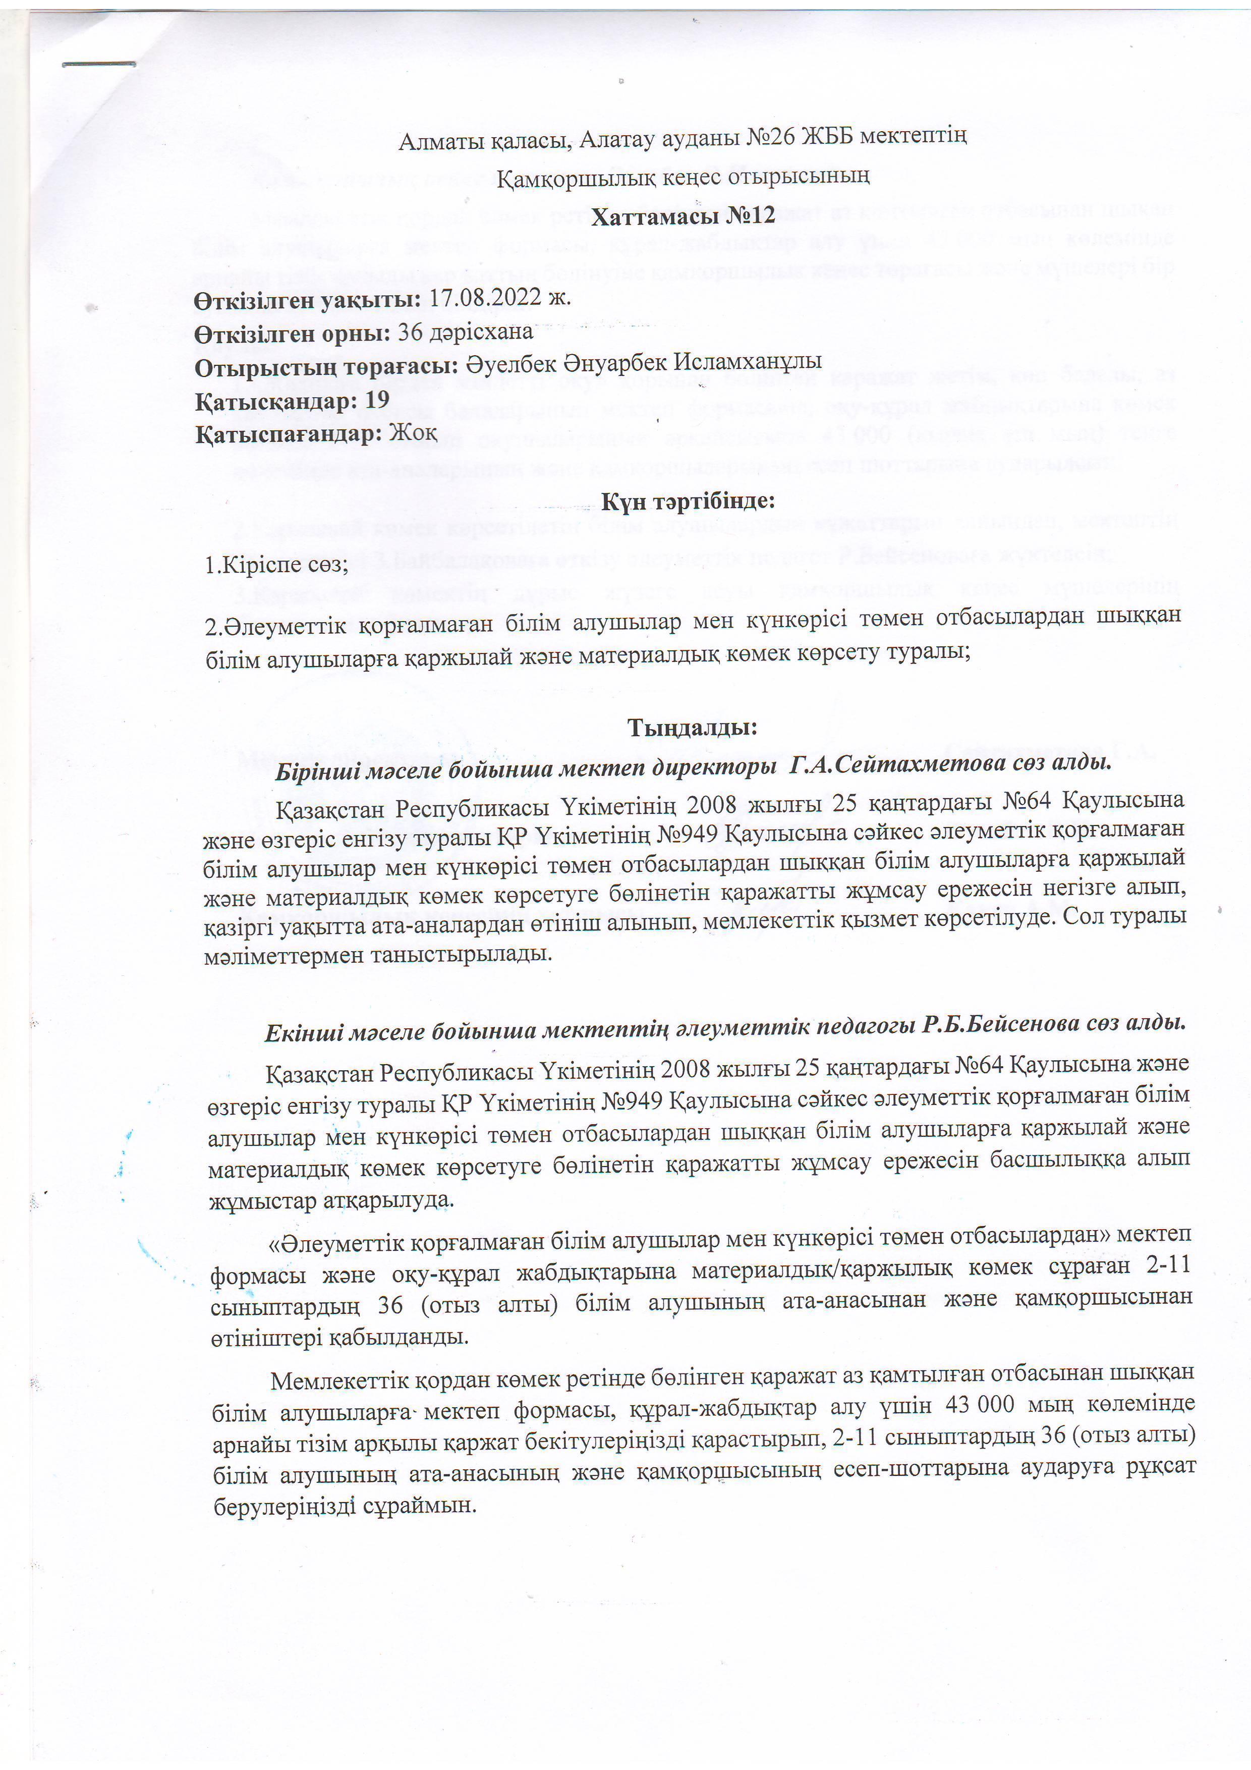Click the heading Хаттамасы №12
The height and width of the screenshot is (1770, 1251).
(683, 215)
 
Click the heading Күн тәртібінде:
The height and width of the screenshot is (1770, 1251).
(687, 501)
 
